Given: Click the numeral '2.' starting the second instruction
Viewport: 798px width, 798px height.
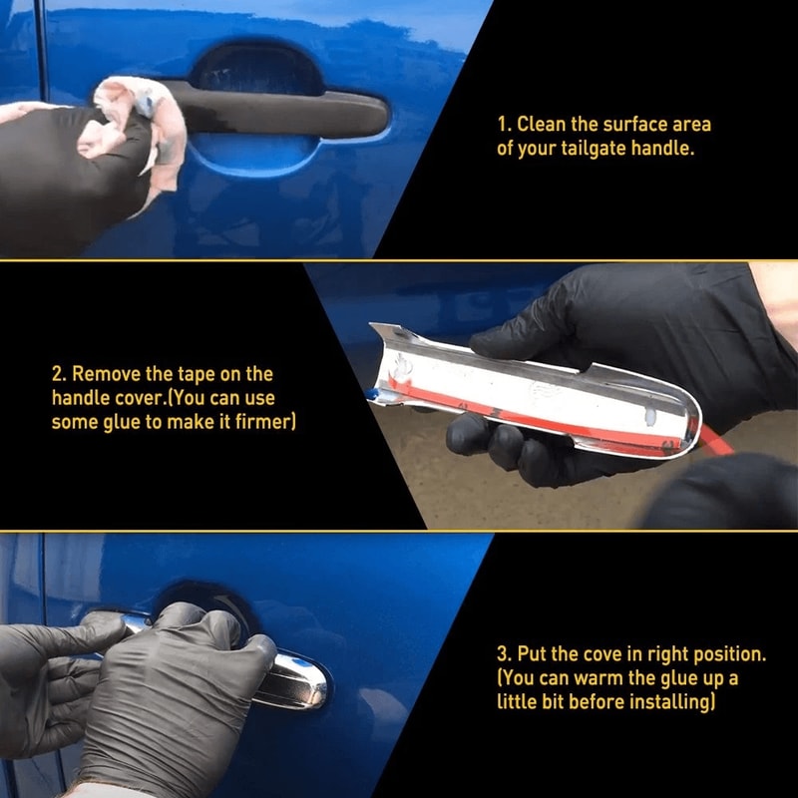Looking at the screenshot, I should [59, 374].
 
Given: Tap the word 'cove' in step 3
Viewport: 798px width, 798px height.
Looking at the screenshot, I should [605, 654].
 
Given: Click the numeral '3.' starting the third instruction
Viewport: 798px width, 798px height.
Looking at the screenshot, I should [504, 654].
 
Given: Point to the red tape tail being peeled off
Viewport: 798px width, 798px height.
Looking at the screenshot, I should [712, 440].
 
